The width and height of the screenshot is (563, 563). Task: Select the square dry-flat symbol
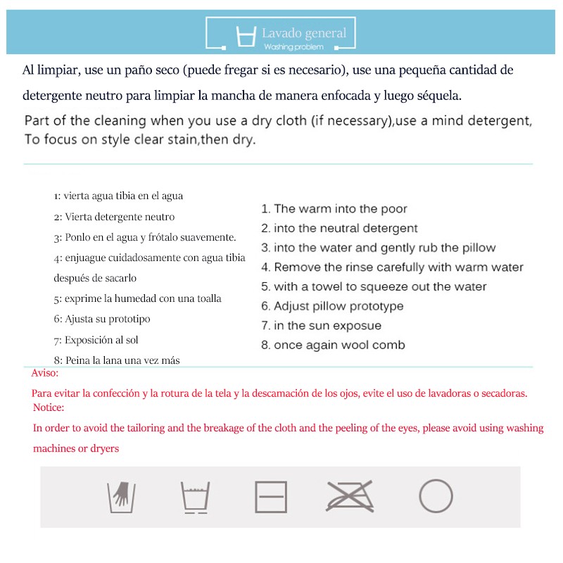point(271,497)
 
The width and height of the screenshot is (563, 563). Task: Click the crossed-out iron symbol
point(350,497)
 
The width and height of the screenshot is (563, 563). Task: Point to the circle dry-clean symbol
point(436,496)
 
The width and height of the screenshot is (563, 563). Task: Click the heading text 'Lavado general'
point(304,33)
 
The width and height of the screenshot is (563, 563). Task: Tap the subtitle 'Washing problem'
point(294,46)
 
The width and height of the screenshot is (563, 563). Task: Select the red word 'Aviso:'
point(45,373)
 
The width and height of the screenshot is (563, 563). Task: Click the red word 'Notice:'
point(49,407)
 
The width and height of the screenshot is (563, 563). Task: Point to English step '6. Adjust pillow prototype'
point(332,306)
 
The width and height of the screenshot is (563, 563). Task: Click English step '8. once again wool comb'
point(333,345)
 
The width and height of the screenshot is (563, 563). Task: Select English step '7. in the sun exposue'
point(321,325)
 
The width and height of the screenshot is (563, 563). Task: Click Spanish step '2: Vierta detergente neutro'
point(114,217)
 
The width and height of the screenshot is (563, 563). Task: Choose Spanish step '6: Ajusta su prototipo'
point(102,319)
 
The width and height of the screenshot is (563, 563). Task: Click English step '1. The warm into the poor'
point(334,209)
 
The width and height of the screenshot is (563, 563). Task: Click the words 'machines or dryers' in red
point(76,448)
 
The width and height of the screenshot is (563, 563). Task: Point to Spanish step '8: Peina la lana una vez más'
point(117,360)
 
